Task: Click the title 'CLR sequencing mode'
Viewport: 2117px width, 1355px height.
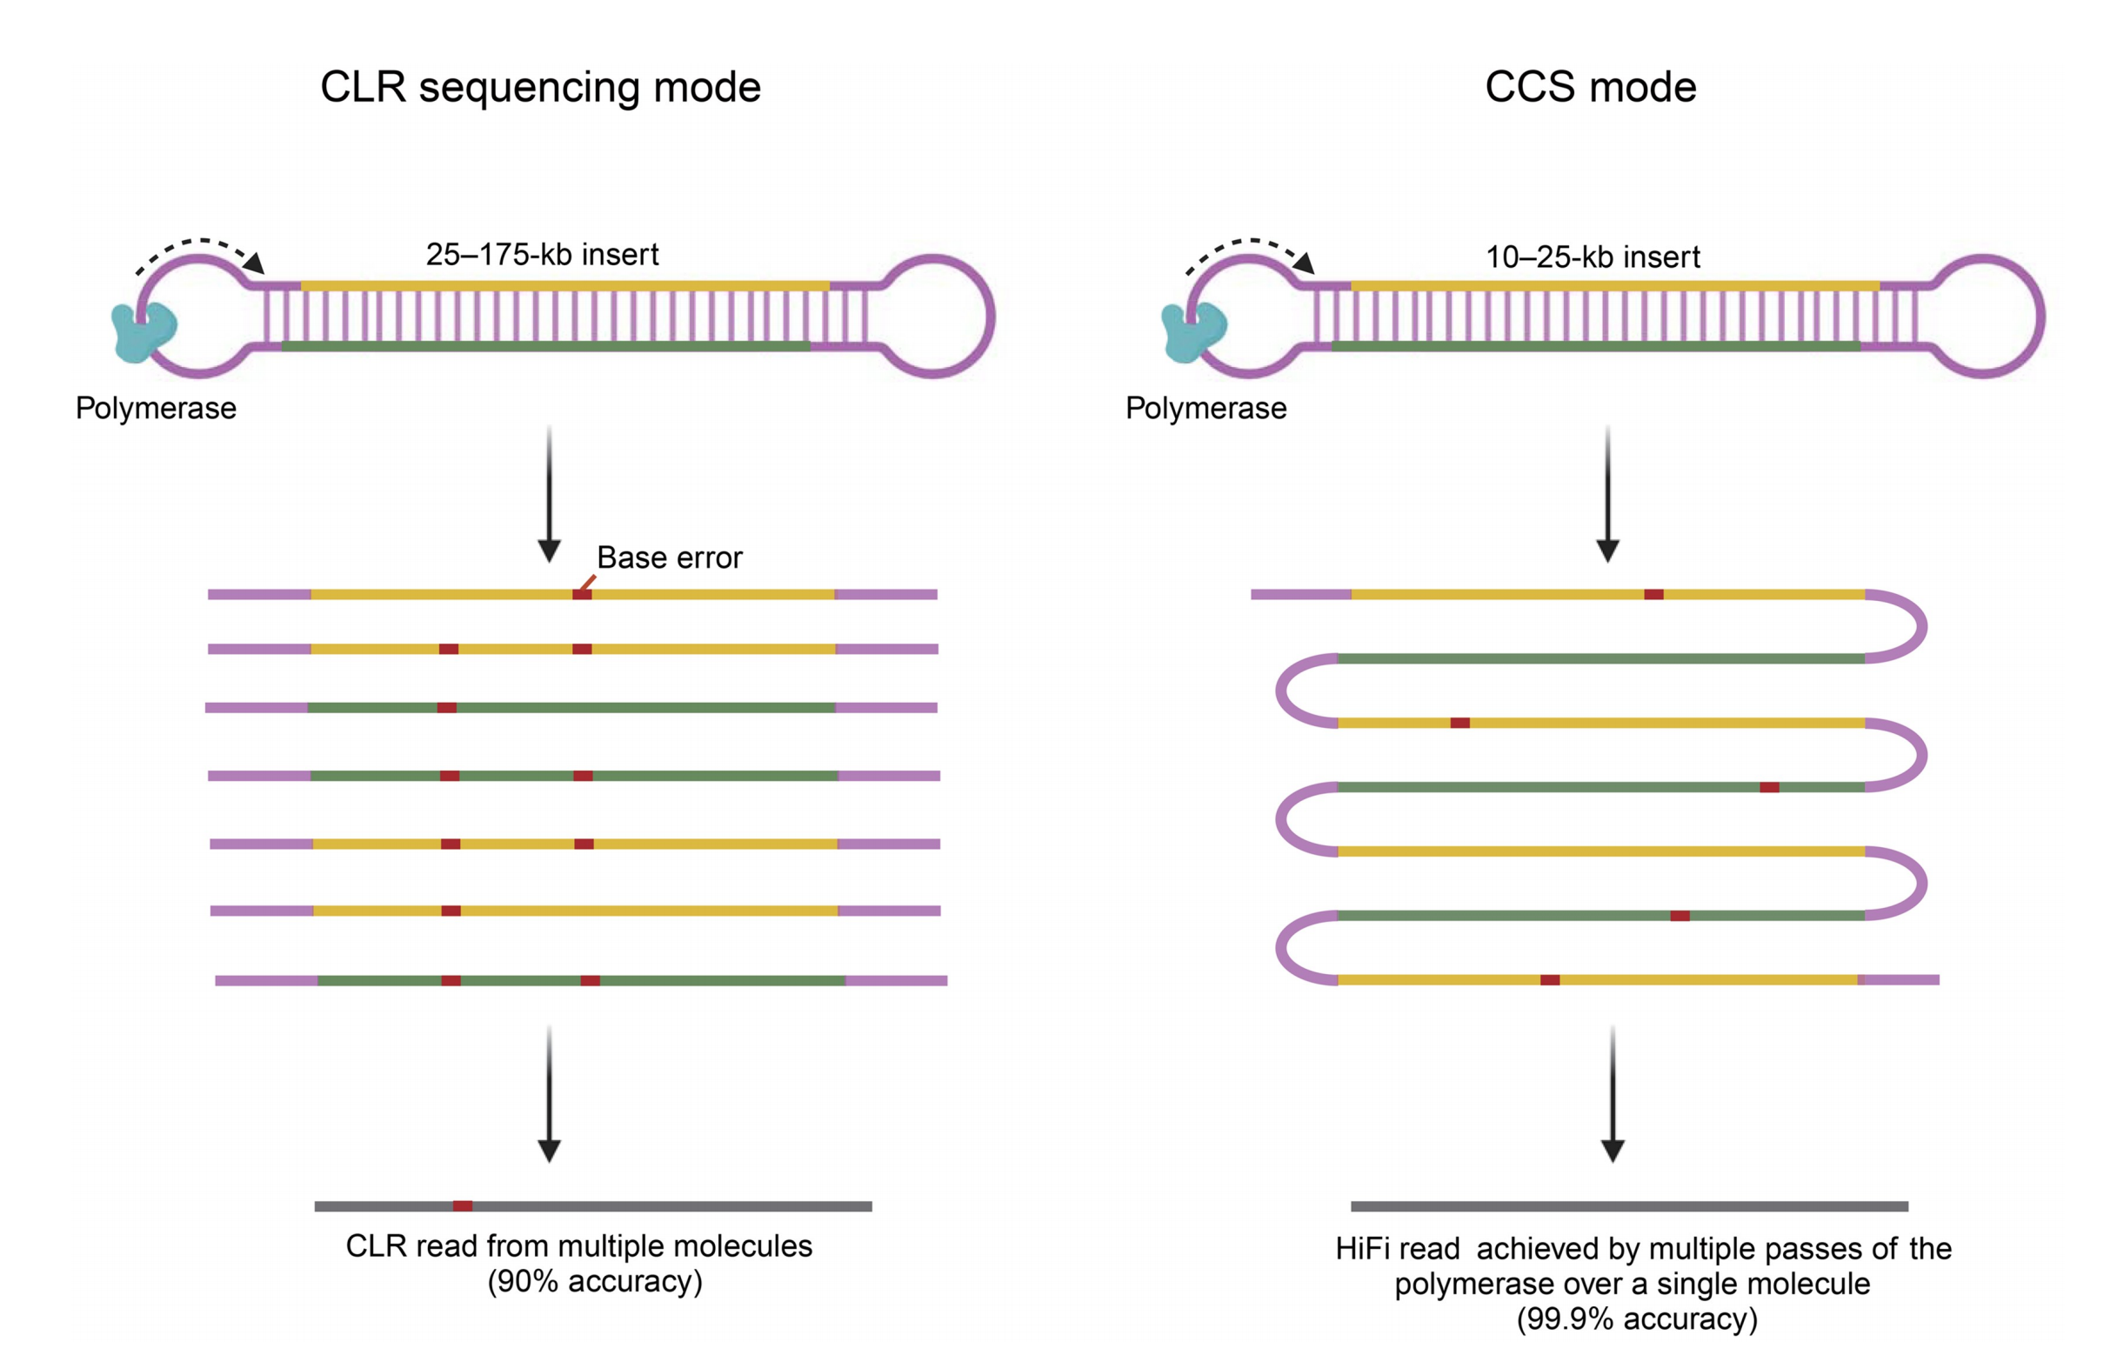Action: [x=540, y=87]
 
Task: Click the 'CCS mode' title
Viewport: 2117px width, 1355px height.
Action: [x=1590, y=87]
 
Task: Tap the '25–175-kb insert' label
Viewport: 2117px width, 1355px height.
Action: [x=542, y=254]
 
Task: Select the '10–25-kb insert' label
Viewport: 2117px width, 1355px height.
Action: [x=1593, y=257]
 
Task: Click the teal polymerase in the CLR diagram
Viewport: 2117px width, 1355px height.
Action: [x=144, y=331]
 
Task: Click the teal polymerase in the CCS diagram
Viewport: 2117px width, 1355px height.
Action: [x=1193, y=331]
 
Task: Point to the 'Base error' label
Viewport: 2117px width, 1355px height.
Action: [x=669, y=557]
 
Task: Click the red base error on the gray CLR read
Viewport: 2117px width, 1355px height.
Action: [x=463, y=1205]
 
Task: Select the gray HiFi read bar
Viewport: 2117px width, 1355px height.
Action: [x=1630, y=1205]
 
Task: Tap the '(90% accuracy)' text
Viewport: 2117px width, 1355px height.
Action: [x=595, y=1281]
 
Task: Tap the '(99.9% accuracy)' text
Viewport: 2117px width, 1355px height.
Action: [x=1637, y=1319]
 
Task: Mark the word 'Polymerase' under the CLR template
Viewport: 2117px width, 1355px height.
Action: [x=156, y=408]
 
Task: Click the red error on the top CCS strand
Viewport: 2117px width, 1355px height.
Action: [x=1653, y=595]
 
